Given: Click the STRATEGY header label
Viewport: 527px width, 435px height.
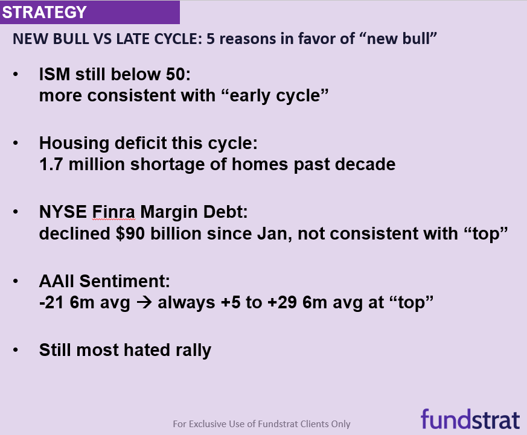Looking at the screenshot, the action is tap(44, 13).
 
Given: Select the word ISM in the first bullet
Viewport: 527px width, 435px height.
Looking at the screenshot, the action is tap(55, 74).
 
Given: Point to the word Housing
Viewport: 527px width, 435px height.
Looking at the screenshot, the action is tap(75, 144).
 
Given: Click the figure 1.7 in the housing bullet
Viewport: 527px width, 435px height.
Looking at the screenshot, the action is tap(51, 165).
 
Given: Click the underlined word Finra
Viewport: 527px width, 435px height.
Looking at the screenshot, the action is tap(113, 212).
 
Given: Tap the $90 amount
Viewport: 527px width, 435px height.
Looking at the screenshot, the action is tap(130, 234).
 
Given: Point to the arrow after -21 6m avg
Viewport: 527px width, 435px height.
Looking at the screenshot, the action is tap(144, 303).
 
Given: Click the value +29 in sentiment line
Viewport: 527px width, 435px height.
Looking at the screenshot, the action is tap(282, 303).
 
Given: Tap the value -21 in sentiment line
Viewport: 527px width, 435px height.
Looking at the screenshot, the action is tap(51, 303).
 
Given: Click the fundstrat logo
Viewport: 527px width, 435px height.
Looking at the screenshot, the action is tap(470, 419).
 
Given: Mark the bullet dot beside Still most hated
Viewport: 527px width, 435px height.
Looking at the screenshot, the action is tap(16, 350).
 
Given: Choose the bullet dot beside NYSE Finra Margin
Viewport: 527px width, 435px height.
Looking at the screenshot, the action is tap(16, 212).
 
